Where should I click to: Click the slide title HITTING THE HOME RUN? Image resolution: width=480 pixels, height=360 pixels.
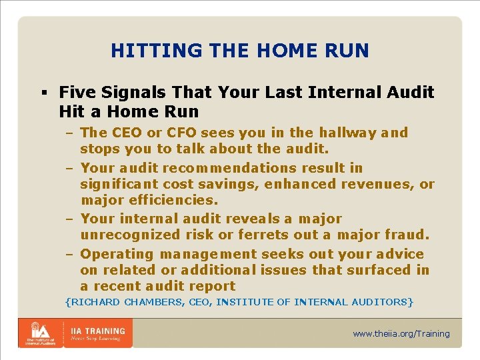[240, 51]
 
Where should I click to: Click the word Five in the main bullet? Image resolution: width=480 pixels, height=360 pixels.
[75, 92]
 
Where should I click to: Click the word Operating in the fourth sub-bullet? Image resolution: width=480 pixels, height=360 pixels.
[117, 254]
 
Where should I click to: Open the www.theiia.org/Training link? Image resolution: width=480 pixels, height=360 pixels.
[401, 333]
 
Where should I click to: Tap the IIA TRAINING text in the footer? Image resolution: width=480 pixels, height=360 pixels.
[98, 331]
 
